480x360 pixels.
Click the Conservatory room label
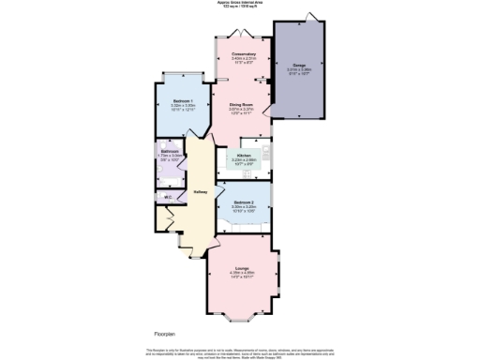[x=244, y=54]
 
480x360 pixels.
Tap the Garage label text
[x=298, y=65]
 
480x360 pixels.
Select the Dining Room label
[x=242, y=105]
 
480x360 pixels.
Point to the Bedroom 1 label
[x=183, y=100]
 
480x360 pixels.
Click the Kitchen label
[x=243, y=155]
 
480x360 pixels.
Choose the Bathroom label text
[x=170, y=151]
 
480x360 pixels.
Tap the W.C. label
[x=168, y=197]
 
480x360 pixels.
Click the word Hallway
[x=200, y=192]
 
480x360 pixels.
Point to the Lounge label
[x=242, y=268]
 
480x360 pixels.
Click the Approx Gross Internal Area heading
[x=240, y=4]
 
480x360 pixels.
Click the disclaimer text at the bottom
[x=240, y=352]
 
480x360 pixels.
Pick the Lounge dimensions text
[x=242, y=276]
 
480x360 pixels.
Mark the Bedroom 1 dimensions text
[x=183, y=108]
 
